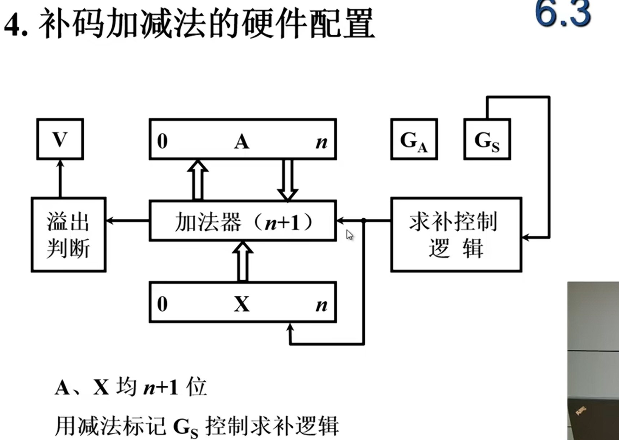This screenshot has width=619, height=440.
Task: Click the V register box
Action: (60, 139)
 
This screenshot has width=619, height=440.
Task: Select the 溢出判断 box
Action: (68, 235)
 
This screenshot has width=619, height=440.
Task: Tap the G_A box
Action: (414, 139)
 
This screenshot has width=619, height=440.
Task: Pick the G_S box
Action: (487, 139)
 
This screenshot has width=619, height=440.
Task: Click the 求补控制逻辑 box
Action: (456, 235)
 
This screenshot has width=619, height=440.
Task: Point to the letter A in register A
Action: (242, 141)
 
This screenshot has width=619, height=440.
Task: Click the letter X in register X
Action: (242, 304)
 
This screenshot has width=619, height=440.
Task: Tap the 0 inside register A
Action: (162, 141)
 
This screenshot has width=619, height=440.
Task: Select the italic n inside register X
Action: (321, 305)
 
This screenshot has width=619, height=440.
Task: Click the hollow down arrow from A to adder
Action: (287, 179)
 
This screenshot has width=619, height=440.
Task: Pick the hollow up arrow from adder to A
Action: (198, 179)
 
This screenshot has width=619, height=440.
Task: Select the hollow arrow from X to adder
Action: (243, 262)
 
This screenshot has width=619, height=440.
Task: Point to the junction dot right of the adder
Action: (364, 220)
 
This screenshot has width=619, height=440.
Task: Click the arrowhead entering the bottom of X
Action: (290, 327)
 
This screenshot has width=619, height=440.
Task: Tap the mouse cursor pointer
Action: (349, 235)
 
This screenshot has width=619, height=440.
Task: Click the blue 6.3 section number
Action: (563, 14)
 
